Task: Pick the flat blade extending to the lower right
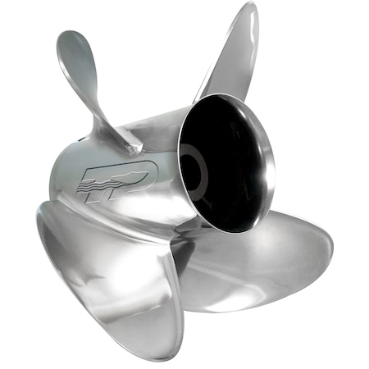(271, 262)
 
